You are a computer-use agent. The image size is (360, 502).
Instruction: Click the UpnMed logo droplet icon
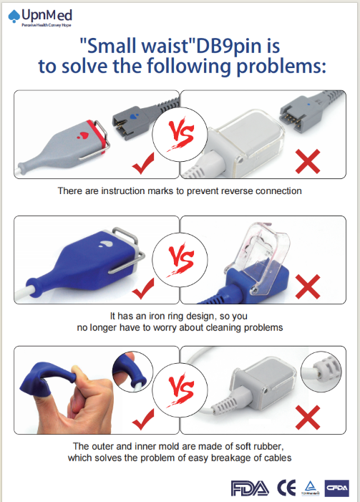click(14, 16)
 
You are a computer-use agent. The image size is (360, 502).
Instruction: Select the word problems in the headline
click(281, 67)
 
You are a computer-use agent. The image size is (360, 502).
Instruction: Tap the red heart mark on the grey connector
click(84, 135)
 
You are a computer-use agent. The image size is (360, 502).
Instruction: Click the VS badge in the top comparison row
click(180, 135)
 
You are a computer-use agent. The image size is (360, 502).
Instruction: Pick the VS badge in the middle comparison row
click(180, 260)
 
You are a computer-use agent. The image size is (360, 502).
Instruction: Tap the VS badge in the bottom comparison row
click(180, 390)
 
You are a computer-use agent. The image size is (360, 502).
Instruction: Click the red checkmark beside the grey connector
click(143, 163)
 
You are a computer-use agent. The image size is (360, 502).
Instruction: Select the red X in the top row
click(308, 161)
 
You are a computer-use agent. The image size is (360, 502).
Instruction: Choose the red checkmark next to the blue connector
click(143, 289)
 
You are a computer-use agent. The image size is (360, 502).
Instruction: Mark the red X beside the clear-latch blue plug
click(308, 286)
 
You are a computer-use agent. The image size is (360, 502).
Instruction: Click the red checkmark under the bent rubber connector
click(143, 419)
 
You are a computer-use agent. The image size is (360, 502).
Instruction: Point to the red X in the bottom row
click(308, 417)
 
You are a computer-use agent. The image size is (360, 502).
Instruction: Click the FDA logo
click(250, 488)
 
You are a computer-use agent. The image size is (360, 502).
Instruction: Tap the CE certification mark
click(286, 488)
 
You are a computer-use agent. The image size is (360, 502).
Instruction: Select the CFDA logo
click(336, 488)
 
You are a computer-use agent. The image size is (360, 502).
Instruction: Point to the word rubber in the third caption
click(264, 446)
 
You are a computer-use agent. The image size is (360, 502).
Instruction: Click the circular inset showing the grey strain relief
click(321, 372)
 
